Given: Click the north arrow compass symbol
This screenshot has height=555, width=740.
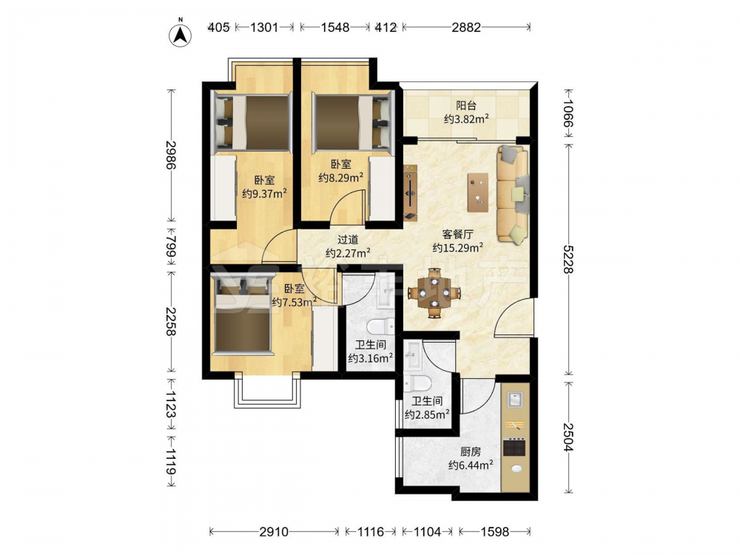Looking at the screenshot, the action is tap(180, 34).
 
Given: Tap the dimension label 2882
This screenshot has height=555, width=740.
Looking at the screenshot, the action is tap(465, 27).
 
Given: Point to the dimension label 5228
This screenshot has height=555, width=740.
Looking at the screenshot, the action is tap(568, 259).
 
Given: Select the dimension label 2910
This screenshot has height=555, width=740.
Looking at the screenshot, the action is tap(274, 532).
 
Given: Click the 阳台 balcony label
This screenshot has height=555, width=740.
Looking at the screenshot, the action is tap(465, 106).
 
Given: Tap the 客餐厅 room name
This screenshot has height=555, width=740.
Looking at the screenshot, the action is tap(458, 234).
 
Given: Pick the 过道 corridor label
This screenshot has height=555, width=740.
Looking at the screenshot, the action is tap(348, 240).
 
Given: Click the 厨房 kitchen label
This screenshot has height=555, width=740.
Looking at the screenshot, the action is tap(471, 451).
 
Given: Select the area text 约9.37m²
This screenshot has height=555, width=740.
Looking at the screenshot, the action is tap(265, 193).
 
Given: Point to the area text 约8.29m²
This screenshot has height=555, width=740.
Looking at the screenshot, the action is tap(340, 178).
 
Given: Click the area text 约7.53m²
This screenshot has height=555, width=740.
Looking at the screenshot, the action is tap(294, 302).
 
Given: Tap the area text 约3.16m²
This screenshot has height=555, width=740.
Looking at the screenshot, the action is tap(371, 358).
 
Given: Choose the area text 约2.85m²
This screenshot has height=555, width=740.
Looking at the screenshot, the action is tap(427, 414).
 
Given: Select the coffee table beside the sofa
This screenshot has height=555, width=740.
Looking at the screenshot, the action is tap(478, 192).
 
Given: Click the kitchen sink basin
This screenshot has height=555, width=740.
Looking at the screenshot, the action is tap(514, 400).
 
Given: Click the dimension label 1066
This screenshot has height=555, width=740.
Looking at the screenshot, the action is tap(568, 113).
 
